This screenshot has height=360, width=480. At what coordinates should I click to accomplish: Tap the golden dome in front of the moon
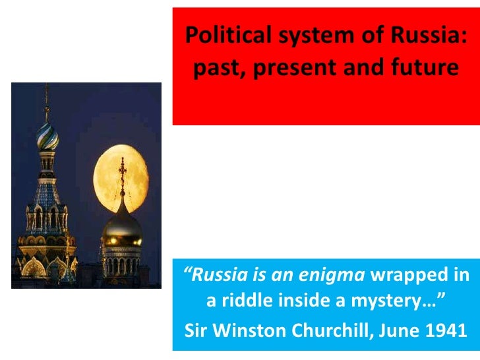(122, 227)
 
